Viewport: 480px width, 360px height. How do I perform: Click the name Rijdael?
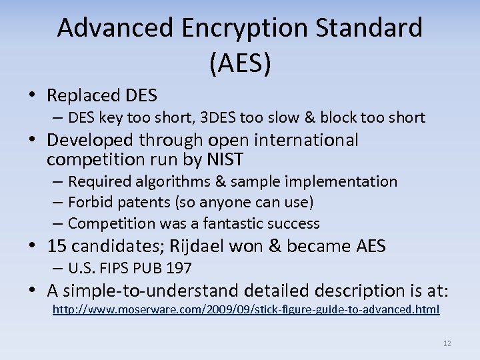199,246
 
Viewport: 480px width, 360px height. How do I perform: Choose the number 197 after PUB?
179,269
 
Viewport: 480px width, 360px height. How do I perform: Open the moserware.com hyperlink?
246,309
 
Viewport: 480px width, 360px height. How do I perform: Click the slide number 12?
447,343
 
